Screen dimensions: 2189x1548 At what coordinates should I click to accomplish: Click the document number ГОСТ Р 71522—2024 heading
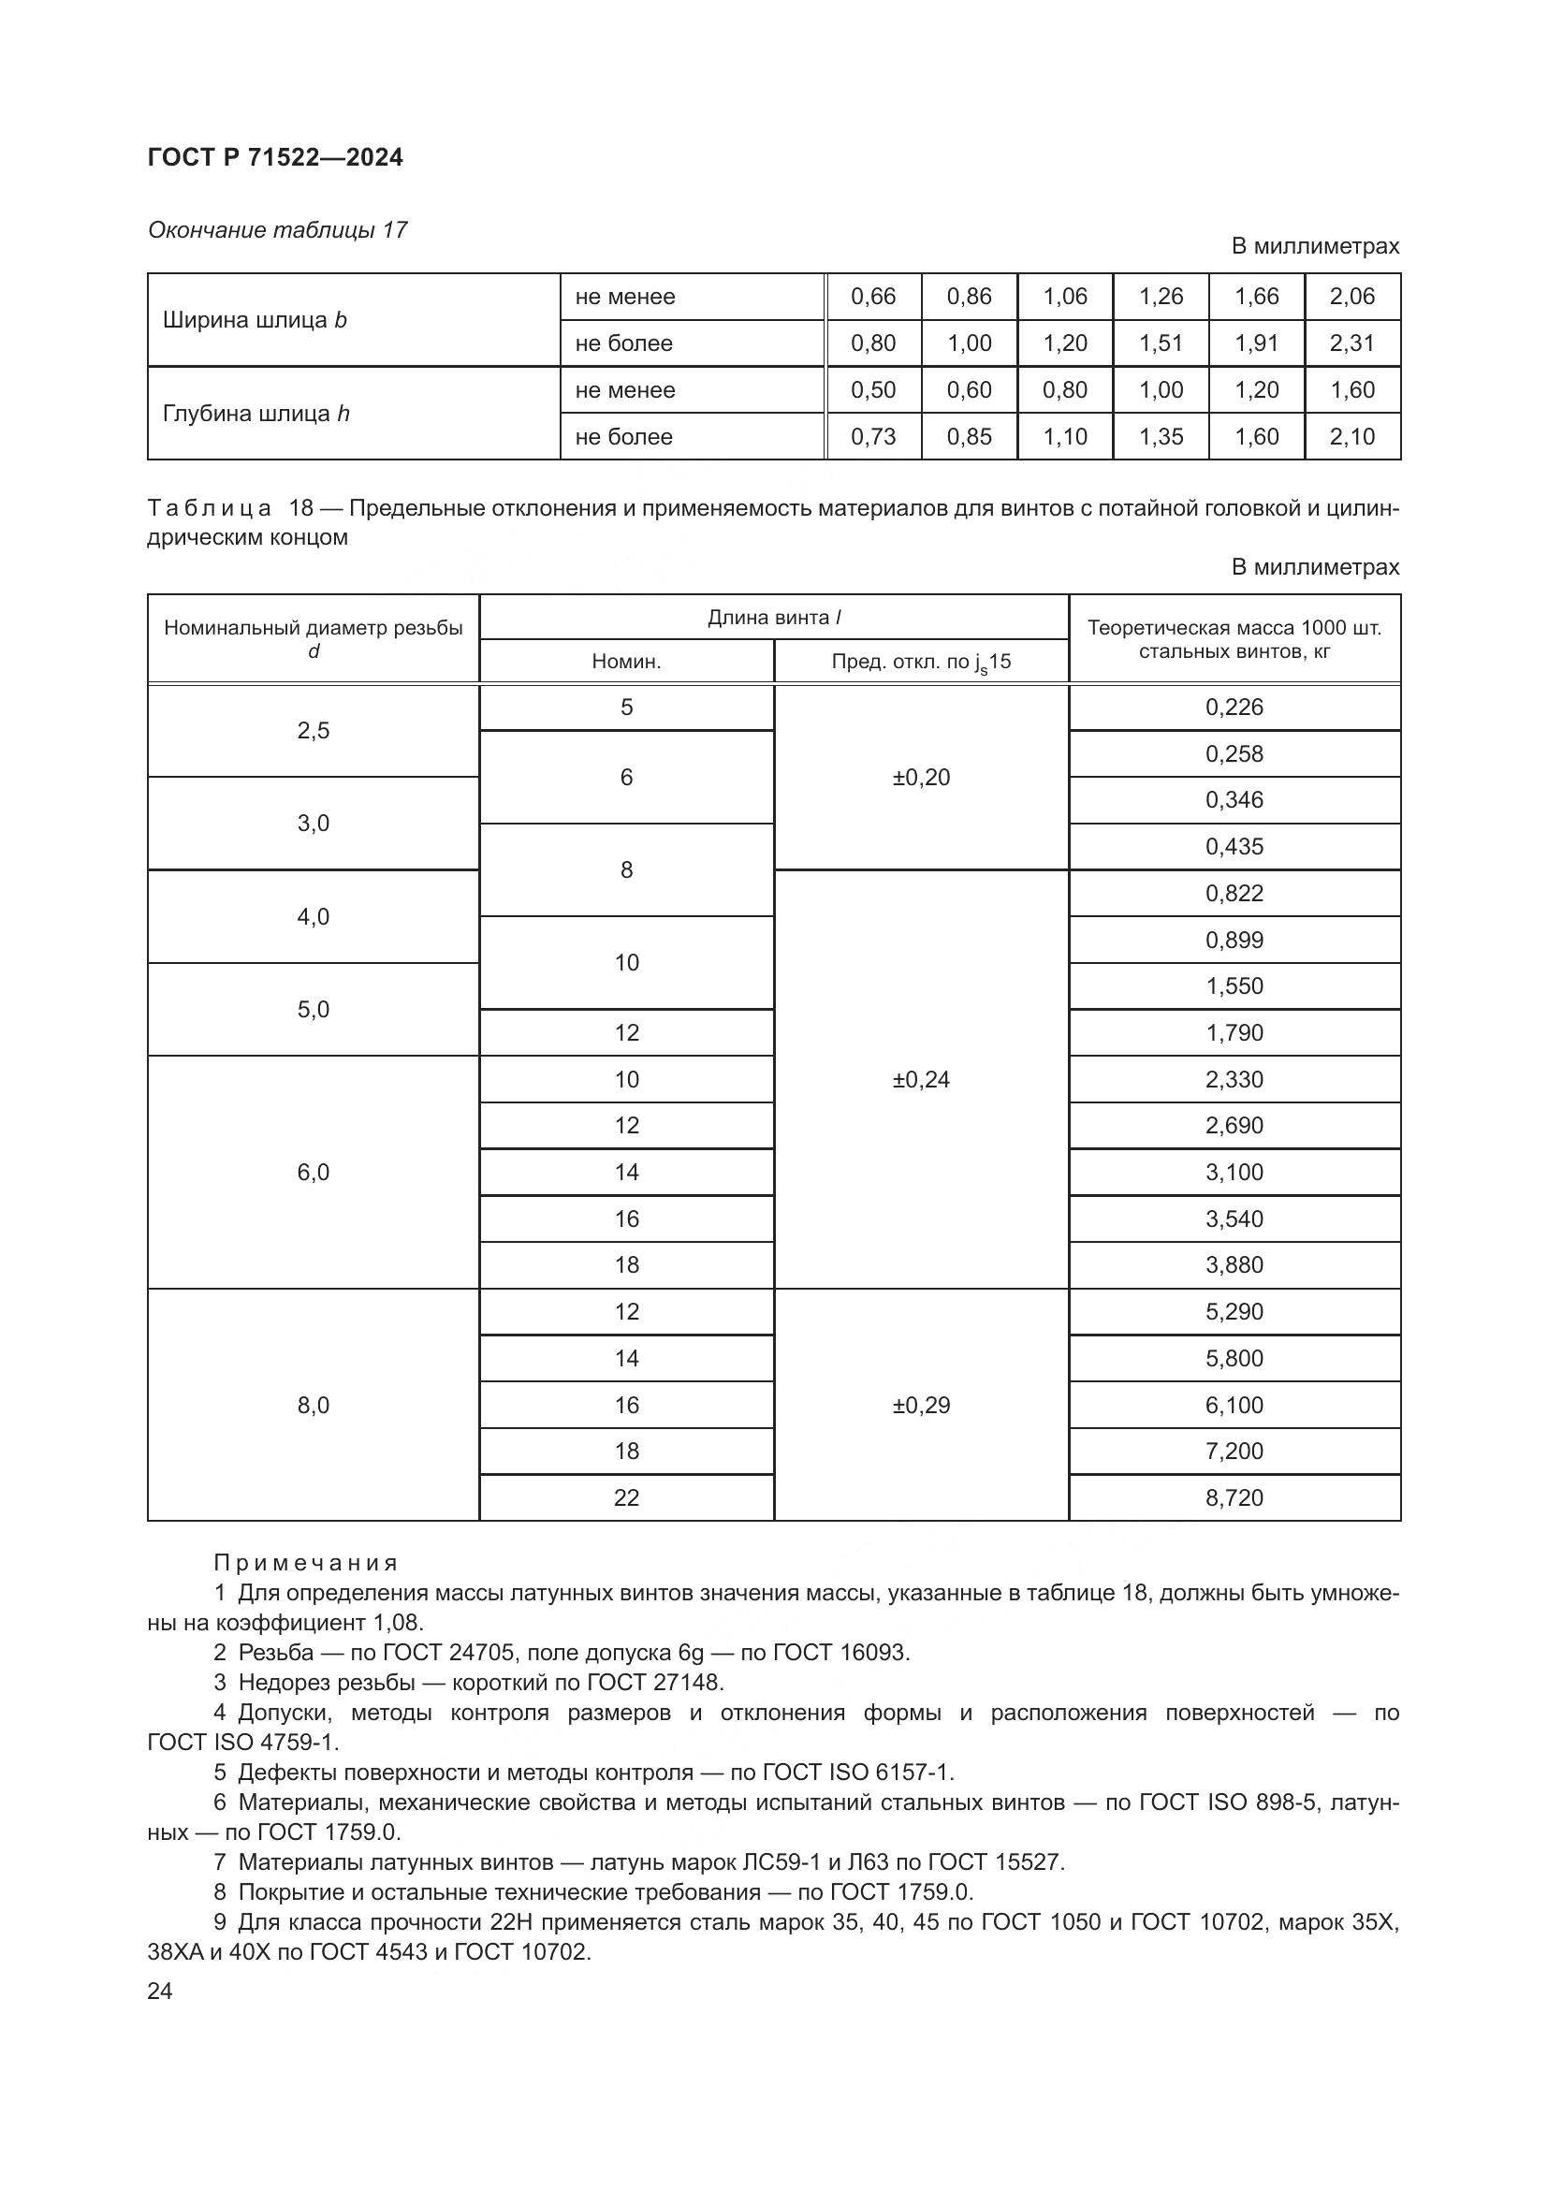pyautogui.click(x=275, y=158)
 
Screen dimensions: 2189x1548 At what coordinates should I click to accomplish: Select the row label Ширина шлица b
pyautogui.click(x=255, y=320)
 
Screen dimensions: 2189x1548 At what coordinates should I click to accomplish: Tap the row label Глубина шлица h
pyautogui.click(x=256, y=414)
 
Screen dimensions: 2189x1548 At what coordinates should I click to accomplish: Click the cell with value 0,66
pyautogui.click(x=873, y=297)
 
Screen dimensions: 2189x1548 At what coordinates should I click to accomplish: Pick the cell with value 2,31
pyautogui.click(x=1351, y=343)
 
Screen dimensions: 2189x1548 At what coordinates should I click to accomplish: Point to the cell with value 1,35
pyautogui.click(x=1160, y=437)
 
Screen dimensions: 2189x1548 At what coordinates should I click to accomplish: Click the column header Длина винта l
pyautogui.click(x=773, y=618)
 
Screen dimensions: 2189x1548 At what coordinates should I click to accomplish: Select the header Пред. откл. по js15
pyautogui.click(x=921, y=662)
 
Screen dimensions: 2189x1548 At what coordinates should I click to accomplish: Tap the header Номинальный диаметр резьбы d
pyautogui.click(x=314, y=639)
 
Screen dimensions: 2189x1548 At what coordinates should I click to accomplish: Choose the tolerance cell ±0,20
pyautogui.click(x=921, y=778)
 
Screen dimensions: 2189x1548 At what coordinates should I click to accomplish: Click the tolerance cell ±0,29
pyautogui.click(x=921, y=1406)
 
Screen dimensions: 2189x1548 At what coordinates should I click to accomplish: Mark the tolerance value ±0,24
pyautogui.click(x=921, y=1079)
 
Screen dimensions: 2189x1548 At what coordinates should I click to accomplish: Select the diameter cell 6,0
pyautogui.click(x=314, y=1173)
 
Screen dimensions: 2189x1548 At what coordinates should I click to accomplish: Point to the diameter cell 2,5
pyautogui.click(x=314, y=731)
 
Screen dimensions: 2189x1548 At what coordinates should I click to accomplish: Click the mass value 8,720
pyautogui.click(x=1234, y=1497)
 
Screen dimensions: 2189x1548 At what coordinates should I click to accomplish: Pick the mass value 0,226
pyautogui.click(x=1234, y=708)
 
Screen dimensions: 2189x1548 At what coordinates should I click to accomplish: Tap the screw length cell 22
pyautogui.click(x=626, y=1497)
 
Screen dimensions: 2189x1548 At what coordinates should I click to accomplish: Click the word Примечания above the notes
pyautogui.click(x=305, y=1564)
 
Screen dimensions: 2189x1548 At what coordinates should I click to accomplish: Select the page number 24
pyautogui.click(x=160, y=1992)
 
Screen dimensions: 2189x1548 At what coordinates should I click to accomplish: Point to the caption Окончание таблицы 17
pyautogui.click(x=277, y=231)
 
